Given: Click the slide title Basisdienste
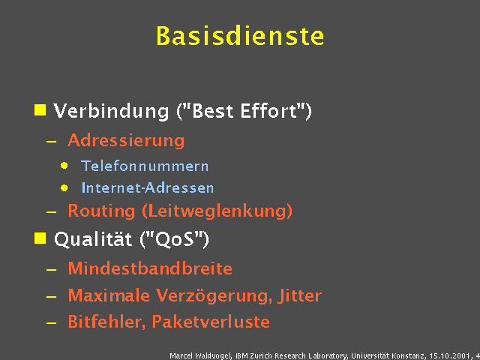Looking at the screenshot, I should [x=240, y=36].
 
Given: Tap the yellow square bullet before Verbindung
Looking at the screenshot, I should [x=40, y=110].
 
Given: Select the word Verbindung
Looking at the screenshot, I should [x=111, y=112].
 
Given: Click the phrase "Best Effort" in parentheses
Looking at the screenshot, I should [x=244, y=112].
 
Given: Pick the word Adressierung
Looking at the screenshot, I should [x=126, y=140].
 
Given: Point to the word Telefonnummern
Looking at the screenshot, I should [x=145, y=166].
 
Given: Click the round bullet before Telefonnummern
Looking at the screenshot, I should [x=65, y=165].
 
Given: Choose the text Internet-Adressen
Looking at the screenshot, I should [x=148, y=187].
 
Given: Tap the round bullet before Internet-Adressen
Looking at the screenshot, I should [x=65, y=187].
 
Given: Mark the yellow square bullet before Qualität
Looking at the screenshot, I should [x=40, y=238].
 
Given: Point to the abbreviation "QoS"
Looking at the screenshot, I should [x=175, y=240].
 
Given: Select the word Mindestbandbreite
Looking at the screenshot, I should [x=150, y=268].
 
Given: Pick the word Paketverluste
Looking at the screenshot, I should [x=211, y=322].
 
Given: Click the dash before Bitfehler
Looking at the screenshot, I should [x=50, y=323].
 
